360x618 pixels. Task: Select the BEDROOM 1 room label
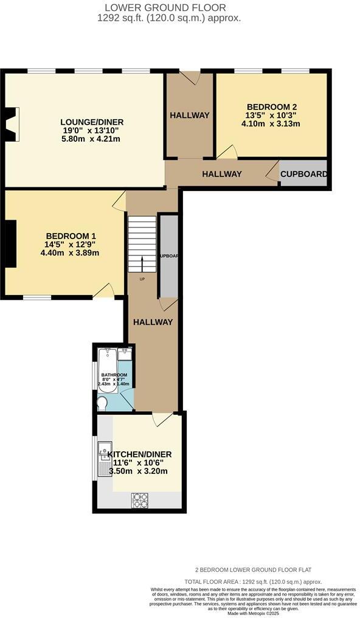pos(71,236)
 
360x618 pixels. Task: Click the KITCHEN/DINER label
pos(139,454)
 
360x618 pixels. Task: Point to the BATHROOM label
pos(114,375)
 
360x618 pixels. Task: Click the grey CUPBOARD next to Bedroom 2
pos(303,174)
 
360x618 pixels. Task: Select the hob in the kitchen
pos(140,500)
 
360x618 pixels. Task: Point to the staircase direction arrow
pos(142,265)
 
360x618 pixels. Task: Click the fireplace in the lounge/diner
pos(12,120)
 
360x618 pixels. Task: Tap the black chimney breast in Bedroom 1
pos(10,243)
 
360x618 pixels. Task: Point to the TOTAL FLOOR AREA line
pos(253,582)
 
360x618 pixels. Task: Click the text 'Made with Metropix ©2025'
pos(253,613)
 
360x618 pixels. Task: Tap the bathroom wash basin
pos(126,354)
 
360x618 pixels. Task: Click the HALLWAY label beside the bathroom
pos(153,322)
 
